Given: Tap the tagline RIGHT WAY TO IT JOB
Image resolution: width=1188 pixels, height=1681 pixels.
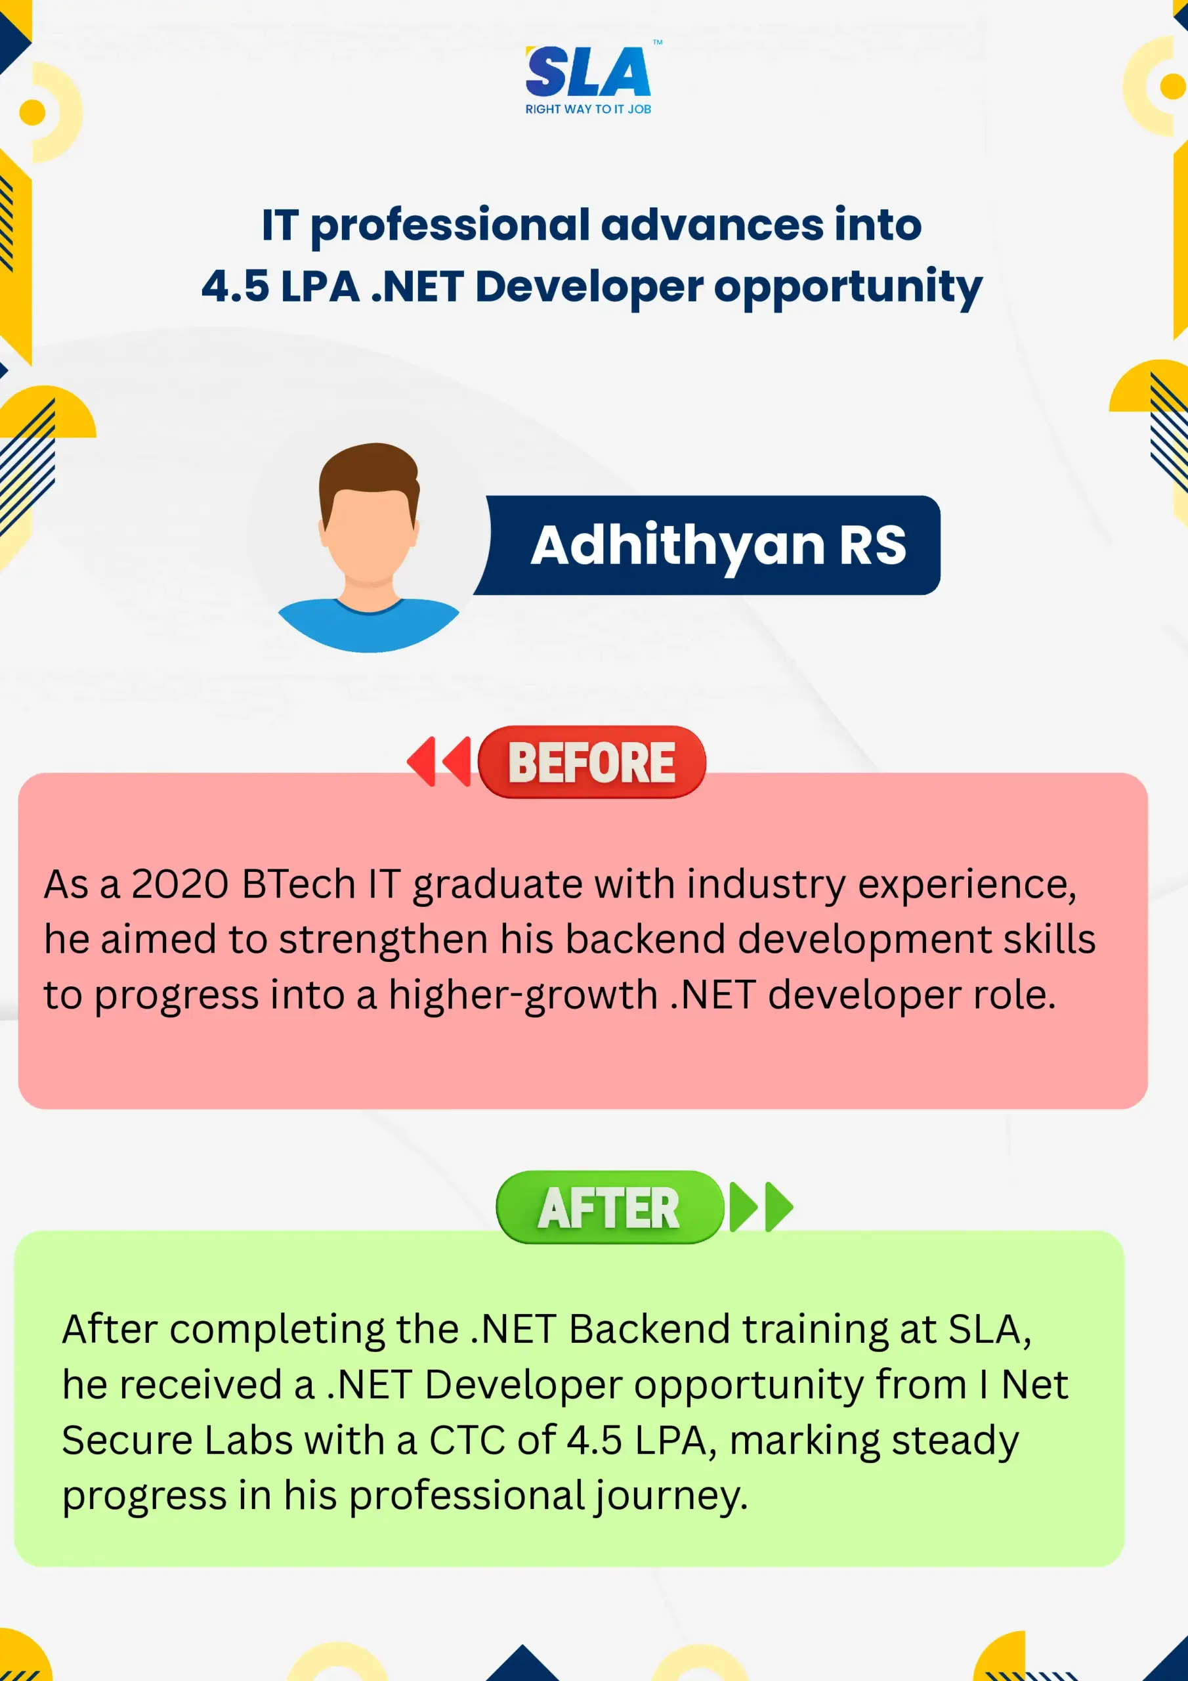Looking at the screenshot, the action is pos(588,109).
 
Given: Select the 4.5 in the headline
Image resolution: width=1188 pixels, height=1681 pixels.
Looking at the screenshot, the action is pos(235,286).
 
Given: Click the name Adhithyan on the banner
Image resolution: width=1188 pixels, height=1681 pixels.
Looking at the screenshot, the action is pos(679,547).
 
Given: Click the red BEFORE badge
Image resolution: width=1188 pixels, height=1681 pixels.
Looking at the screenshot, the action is pos(591,762).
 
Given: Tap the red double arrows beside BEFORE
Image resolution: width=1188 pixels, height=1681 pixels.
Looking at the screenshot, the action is pos(439,762).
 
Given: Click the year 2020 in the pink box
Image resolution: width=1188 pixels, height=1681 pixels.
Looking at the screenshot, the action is pos(180,884).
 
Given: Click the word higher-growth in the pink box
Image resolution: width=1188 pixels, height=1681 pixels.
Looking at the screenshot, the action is pos(522,996).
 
